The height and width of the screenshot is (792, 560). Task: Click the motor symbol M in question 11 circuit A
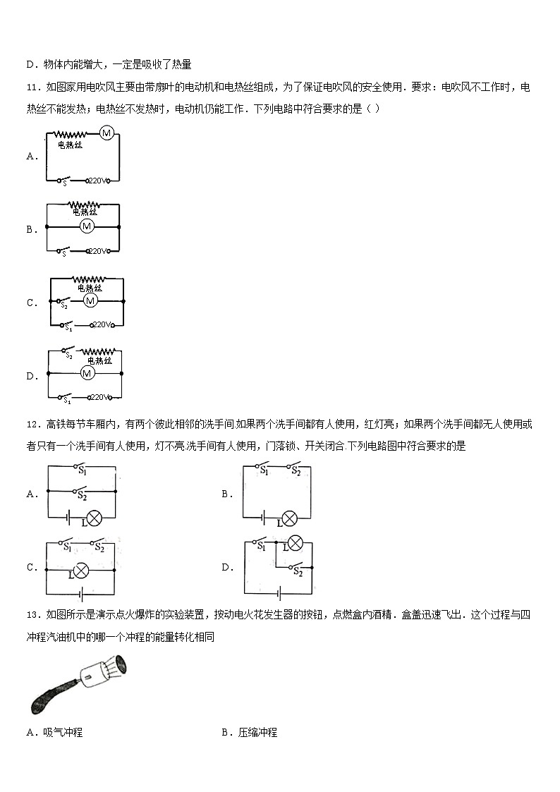pos(107,133)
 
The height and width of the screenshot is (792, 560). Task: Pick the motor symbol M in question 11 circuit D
pos(87,372)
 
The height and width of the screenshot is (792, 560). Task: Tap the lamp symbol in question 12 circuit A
pos(93,519)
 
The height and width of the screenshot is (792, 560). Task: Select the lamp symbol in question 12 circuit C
pos(82,570)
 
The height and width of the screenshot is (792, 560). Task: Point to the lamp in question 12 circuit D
pos(296,544)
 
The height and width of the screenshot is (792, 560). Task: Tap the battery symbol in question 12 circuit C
pos(81,592)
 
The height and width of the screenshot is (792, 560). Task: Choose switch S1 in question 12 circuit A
pos(80,467)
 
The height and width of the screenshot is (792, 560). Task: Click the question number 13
pos(32,615)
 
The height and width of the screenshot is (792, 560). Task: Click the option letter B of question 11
pos(30,229)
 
